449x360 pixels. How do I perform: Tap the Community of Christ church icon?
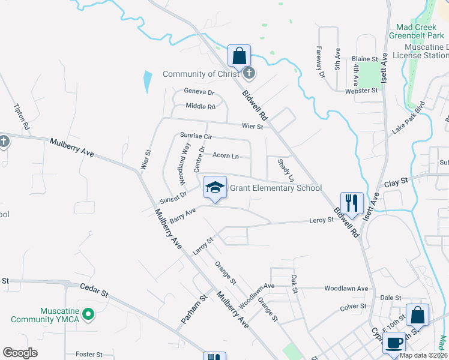click(x=250, y=74)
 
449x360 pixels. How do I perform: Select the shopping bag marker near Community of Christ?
click(x=239, y=56)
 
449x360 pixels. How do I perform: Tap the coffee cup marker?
click(x=393, y=343)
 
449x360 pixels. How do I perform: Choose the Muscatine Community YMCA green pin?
click(x=88, y=314)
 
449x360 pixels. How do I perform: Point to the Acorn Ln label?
click(x=226, y=156)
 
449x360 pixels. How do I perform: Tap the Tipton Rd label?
click(x=22, y=116)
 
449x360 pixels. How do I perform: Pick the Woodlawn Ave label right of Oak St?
click(x=346, y=289)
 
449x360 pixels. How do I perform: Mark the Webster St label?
click(x=361, y=90)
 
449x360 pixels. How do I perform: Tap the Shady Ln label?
click(x=286, y=170)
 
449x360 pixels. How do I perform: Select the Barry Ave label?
click(x=183, y=215)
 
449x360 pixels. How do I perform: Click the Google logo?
click(x=20, y=353)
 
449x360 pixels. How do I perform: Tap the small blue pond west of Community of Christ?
click(x=148, y=82)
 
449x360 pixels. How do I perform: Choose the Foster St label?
click(x=89, y=355)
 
